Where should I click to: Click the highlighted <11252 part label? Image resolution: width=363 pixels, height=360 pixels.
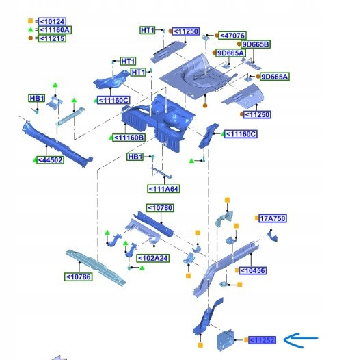tap(262, 340)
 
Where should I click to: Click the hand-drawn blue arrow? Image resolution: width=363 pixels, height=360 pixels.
tap(301, 340)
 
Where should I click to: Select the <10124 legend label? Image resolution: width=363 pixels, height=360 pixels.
tap(52, 21)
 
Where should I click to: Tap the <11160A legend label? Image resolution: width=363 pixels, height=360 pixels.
tap(55, 30)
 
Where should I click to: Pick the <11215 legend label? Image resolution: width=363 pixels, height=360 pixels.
tap(52, 38)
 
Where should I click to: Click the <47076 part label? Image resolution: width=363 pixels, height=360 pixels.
tap(232, 36)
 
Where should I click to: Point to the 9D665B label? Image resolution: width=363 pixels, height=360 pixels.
tap(256, 44)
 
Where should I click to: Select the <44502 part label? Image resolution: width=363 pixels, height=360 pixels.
tap(50, 160)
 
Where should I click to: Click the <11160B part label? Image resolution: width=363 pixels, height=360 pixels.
tap(129, 138)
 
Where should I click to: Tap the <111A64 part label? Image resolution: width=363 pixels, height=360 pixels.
tap(163, 189)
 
